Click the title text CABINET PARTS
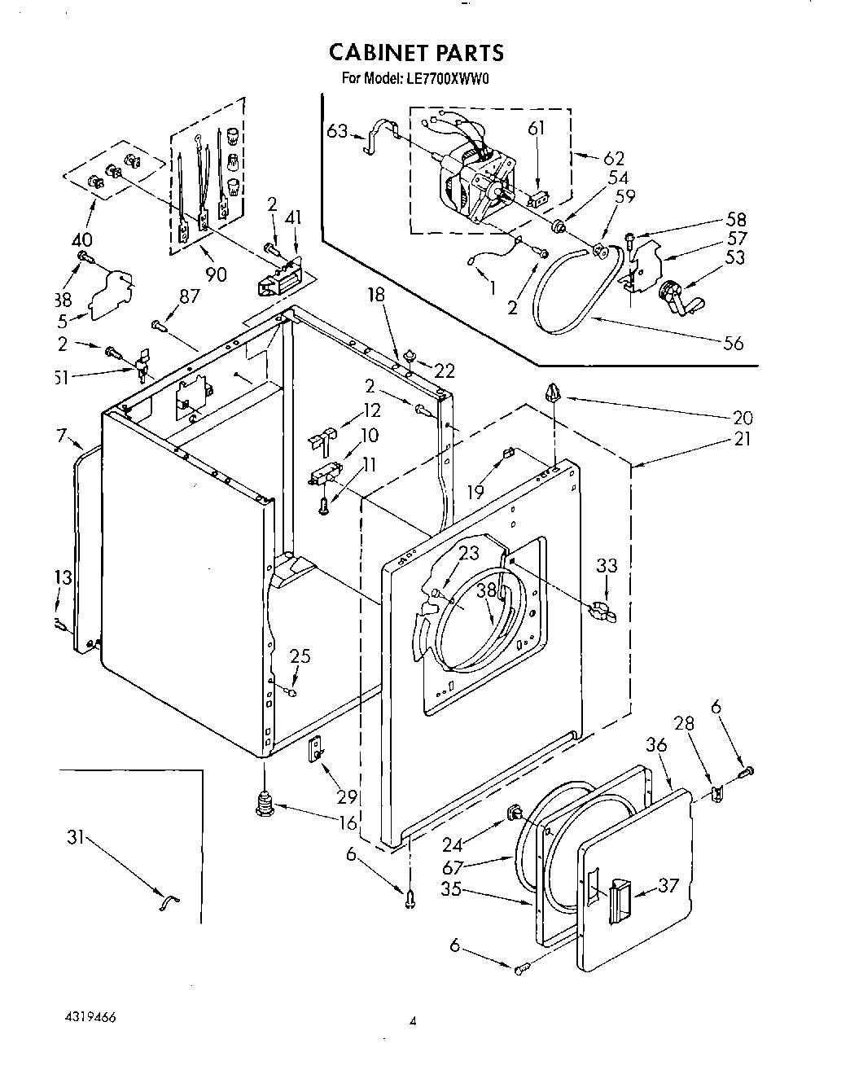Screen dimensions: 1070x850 416,53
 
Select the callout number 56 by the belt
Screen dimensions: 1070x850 733,343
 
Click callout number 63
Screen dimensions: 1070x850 337,130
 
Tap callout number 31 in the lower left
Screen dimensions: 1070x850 75,836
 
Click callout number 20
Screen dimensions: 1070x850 743,418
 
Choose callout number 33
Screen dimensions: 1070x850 607,565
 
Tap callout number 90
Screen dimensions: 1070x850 216,274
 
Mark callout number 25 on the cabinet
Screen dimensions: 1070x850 300,656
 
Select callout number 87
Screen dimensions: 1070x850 189,297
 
